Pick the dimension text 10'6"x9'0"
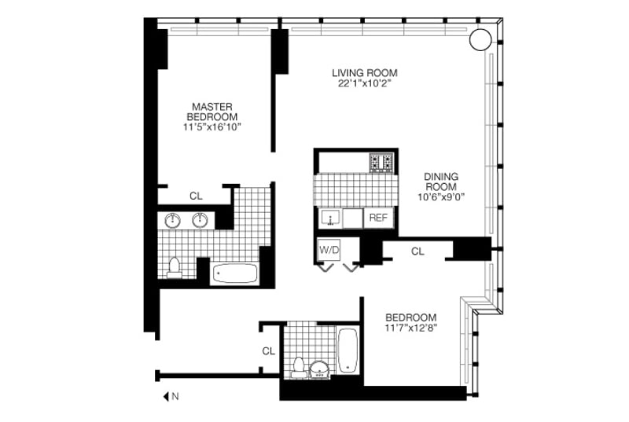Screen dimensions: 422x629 pos(441,198)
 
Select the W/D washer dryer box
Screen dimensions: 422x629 pos(328,250)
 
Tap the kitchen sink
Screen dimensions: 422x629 pos(330,218)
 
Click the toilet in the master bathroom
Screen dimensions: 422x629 pos(174,266)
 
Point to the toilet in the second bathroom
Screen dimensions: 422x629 pos(298,367)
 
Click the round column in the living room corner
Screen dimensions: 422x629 pos(480,39)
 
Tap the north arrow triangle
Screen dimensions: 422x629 pos(166,398)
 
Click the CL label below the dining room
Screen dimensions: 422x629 pos(417,251)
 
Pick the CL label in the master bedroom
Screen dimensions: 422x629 pos(195,196)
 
